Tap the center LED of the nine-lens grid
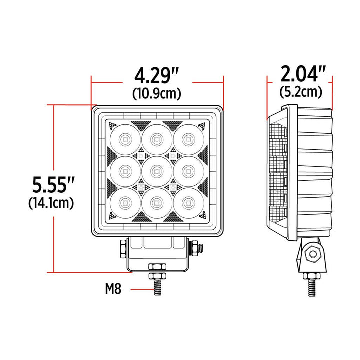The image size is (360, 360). pyautogui.click(x=156, y=170)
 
